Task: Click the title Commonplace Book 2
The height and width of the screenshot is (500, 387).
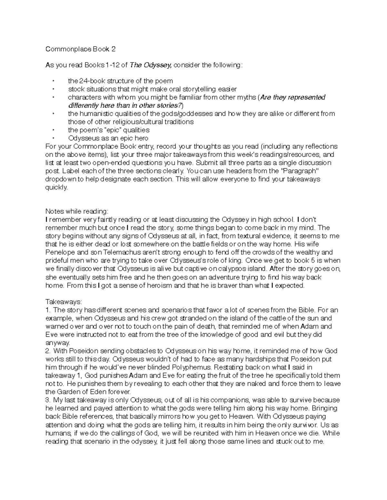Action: pos(80,49)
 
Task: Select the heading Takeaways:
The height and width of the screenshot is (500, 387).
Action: pos(64,302)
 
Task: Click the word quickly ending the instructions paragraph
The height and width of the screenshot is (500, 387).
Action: pos(56,187)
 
